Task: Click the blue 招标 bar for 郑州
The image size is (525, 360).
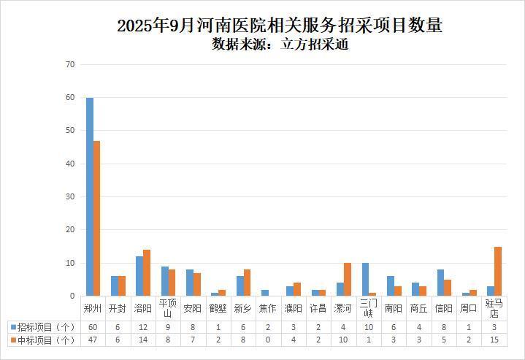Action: (x=90, y=197)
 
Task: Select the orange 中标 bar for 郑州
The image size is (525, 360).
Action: (x=96, y=218)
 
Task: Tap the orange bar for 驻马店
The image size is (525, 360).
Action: (x=498, y=272)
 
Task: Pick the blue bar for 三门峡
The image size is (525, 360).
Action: (x=365, y=280)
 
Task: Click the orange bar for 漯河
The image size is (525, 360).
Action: (x=347, y=280)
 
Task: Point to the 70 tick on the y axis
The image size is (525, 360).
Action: (x=70, y=64)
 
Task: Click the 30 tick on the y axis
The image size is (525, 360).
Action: (x=70, y=197)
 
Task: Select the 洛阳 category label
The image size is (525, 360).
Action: (x=142, y=308)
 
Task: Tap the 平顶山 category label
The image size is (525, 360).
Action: (x=167, y=308)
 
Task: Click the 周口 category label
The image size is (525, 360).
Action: (x=469, y=308)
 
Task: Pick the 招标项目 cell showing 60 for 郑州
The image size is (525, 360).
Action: (x=92, y=326)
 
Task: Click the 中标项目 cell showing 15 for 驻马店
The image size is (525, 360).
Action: (x=494, y=340)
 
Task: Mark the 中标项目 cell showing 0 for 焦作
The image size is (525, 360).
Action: (x=267, y=340)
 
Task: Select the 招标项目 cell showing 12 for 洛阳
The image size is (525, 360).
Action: (x=142, y=326)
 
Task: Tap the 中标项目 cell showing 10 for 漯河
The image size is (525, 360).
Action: (x=343, y=340)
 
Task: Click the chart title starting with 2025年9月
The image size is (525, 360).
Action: (x=280, y=26)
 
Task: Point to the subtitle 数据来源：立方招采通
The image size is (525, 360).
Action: (x=280, y=45)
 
